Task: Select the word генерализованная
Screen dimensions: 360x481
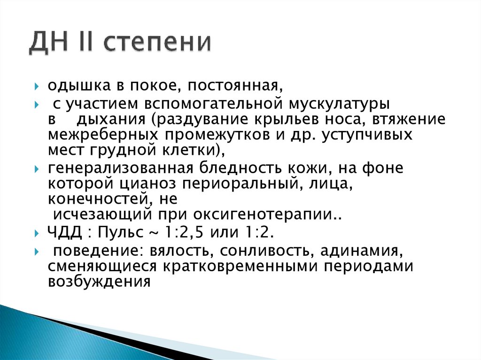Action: click(x=121, y=168)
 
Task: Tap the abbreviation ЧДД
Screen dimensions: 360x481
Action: click(x=62, y=233)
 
